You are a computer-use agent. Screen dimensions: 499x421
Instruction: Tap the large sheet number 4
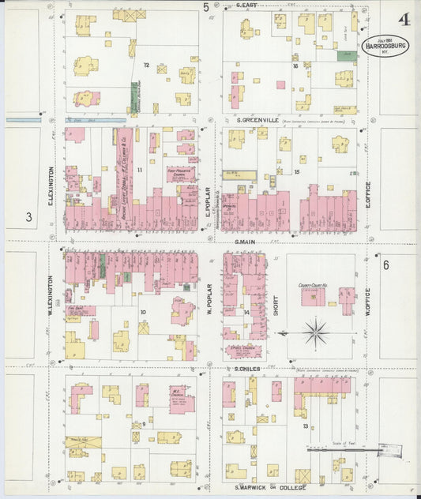tap(404, 19)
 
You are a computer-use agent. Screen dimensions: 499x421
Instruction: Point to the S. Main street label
tap(247, 242)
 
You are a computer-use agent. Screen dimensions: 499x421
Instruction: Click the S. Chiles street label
tap(247, 369)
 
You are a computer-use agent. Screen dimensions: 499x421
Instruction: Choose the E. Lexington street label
tap(51, 186)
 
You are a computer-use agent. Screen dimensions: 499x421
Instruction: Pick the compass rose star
tap(315, 332)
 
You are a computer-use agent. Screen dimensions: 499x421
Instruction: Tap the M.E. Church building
tap(180, 403)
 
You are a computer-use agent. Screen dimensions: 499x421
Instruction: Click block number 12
tap(146, 65)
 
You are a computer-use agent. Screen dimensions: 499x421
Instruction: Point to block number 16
tap(295, 66)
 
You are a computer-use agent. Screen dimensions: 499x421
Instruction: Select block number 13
tap(305, 427)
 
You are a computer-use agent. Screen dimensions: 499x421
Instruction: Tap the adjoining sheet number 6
tap(386, 265)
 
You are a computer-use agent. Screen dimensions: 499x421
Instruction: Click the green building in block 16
tap(346, 55)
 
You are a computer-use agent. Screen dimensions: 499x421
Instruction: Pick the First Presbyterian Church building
tap(181, 174)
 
